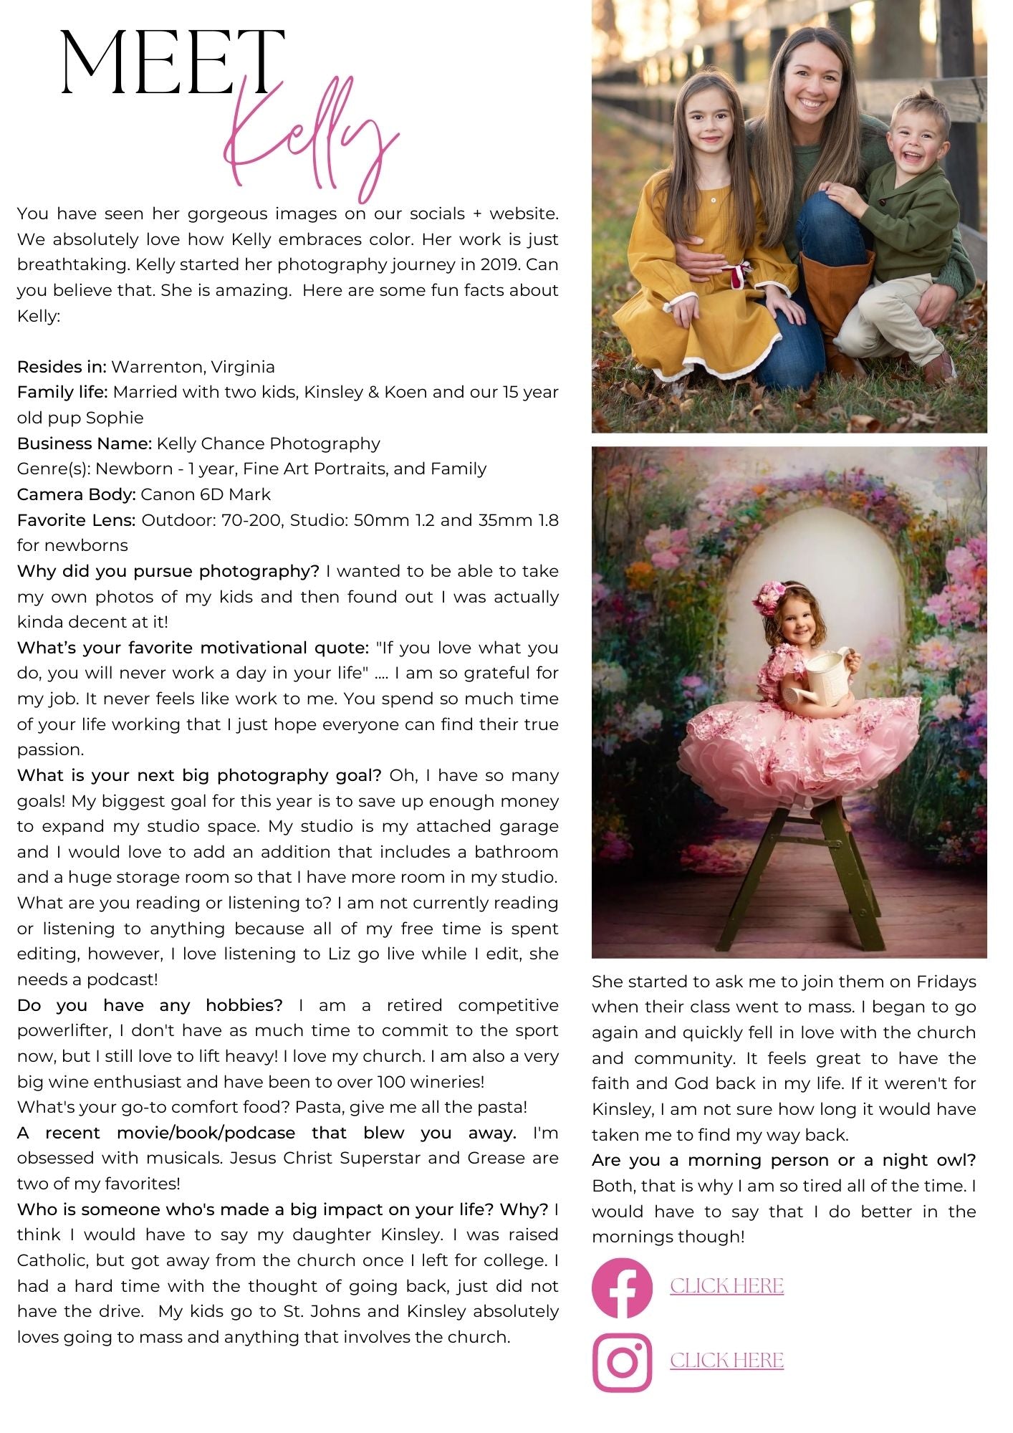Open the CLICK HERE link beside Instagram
coord(726,1361)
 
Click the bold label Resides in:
coord(62,367)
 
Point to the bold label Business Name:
coord(85,444)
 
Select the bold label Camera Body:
coord(77,494)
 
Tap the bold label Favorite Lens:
coord(77,520)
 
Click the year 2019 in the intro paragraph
coord(500,264)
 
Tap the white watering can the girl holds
coord(824,674)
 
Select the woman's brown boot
coord(835,308)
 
